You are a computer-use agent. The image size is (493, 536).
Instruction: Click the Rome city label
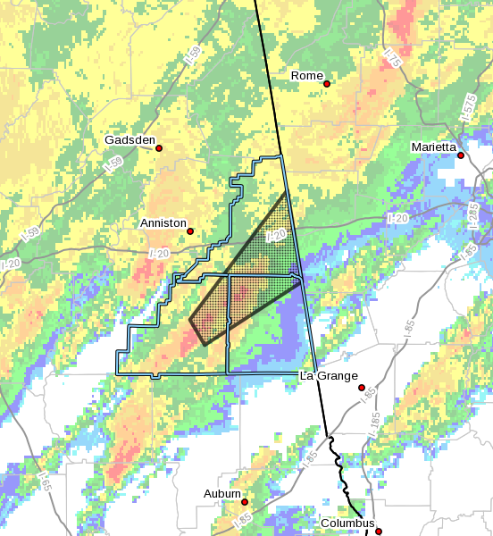307,76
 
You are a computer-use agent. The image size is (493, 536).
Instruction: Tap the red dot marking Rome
328,84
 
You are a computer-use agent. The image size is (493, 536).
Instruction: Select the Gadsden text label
130,140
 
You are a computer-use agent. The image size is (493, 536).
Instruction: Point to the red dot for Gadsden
159,148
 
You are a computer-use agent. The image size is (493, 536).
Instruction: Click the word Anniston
163,222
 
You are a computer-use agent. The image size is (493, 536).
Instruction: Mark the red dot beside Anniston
190,231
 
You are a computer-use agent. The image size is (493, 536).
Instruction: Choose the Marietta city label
434,147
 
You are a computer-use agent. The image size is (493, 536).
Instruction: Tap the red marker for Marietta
461,155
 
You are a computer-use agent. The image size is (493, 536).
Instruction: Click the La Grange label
329,376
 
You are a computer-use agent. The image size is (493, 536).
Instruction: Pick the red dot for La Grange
362,388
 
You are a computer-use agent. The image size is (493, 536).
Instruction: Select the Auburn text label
221,494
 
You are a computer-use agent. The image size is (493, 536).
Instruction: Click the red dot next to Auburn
244,502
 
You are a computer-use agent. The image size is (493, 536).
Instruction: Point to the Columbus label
349,523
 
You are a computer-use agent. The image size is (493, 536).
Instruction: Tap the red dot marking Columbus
379,532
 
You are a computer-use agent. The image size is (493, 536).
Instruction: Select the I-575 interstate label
469,106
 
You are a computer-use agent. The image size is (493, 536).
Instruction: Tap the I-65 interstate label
42,483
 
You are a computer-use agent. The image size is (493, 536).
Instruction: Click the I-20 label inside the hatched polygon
277,236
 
